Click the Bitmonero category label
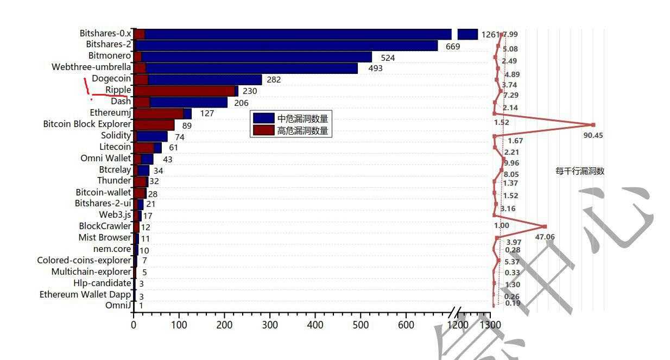(x=109, y=55)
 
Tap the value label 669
(x=453, y=47)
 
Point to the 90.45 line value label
(x=593, y=135)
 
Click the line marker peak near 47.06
(x=545, y=226)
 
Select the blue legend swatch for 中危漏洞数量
(x=263, y=118)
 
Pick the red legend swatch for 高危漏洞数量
(x=263, y=130)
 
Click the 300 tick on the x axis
(x=270, y=325)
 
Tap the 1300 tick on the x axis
(x=491, y=325)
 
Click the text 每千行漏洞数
(x=580, y=171)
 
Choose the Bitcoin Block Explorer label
(x=87, y=124)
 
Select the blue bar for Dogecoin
(x=205, y=79)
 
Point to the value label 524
(x=388, y=58)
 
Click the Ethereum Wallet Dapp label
(x=85, y=294)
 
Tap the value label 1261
(x=490, y=35)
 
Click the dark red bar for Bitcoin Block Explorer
(x=154, y=125)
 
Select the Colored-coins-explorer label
(x=84, y=260)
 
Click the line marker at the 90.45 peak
(x=593, y=125)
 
